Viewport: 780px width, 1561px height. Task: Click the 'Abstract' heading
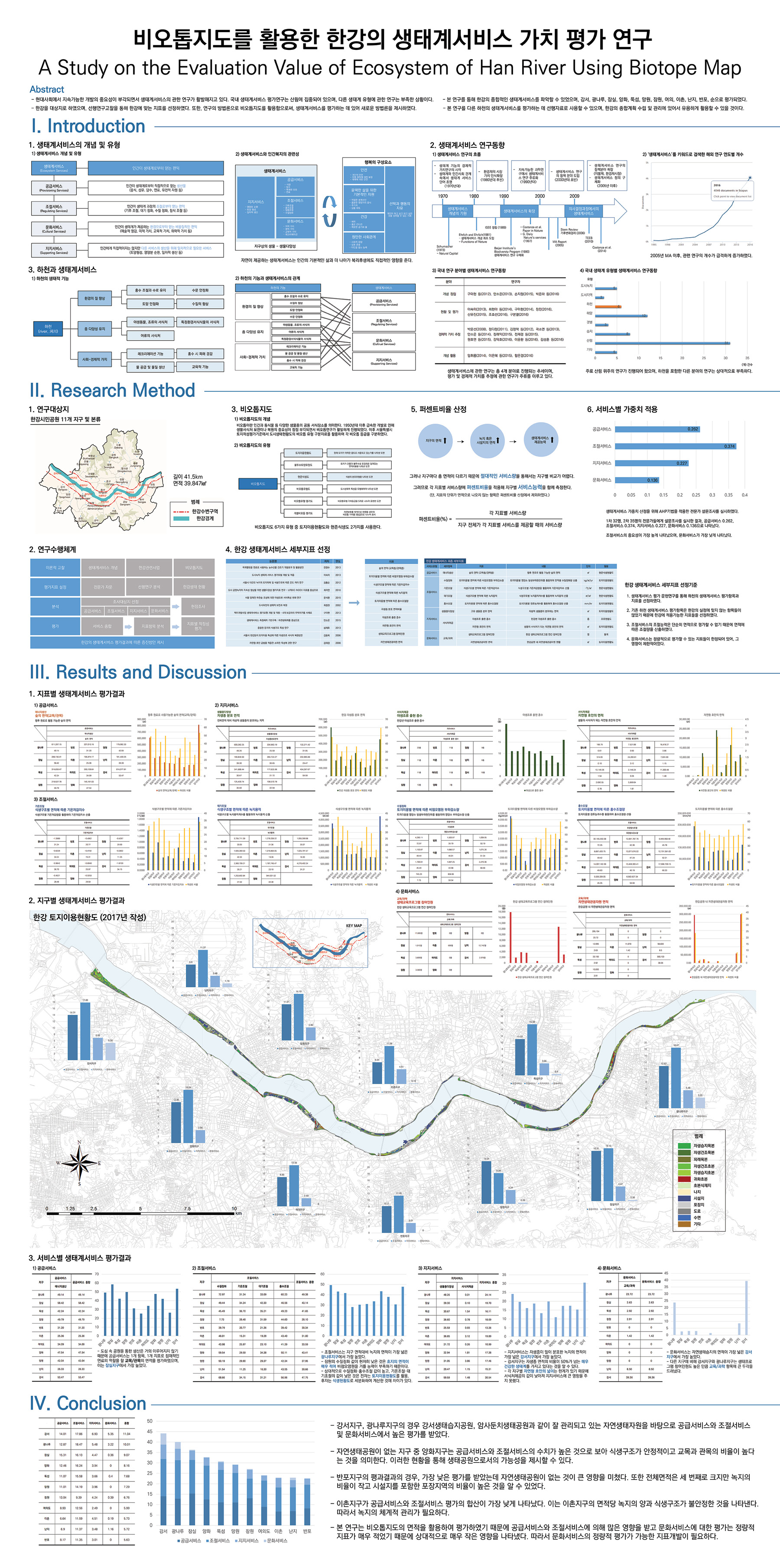(x=47, y=89)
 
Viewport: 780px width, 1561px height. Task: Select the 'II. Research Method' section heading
(x=113, y=390)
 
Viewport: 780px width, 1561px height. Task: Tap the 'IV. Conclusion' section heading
(x=88, y=1404)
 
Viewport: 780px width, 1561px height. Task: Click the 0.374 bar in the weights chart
(x=676, y=446)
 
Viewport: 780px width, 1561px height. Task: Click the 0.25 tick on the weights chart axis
(x=695, y=494)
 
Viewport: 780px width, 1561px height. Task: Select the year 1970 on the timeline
(x=443, y=196)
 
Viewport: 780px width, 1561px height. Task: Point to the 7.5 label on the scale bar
(x=187, y=1208)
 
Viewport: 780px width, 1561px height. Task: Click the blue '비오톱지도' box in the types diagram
(x=258, y=483)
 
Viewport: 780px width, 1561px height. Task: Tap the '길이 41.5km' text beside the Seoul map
(x=188, y=476)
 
